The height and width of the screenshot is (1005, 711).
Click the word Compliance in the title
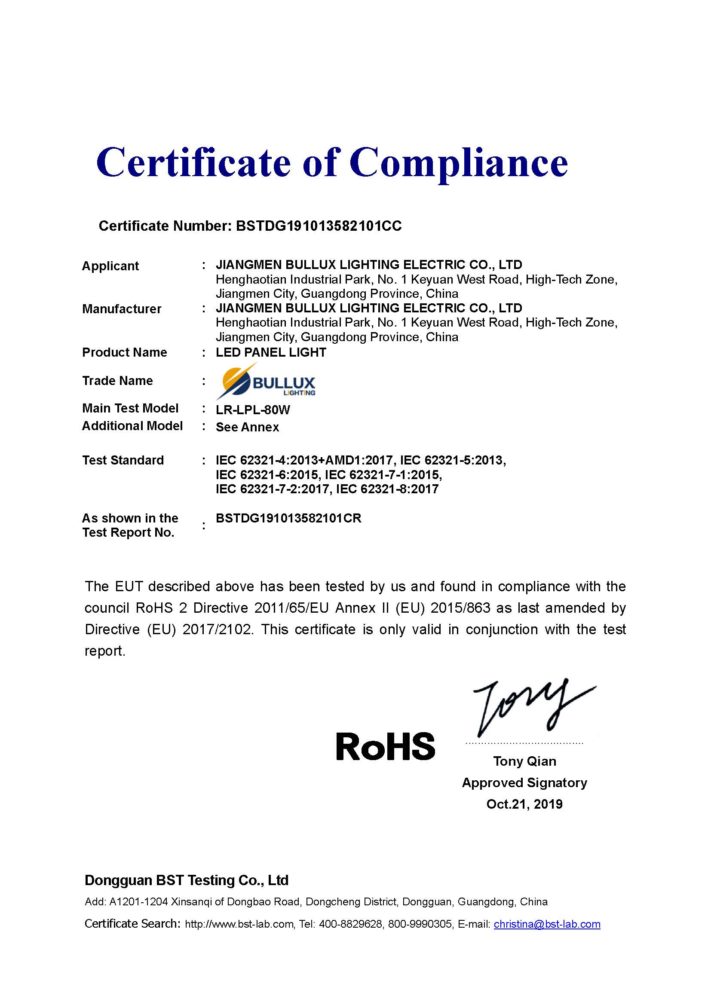458,163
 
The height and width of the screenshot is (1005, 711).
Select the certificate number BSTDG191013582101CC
319,226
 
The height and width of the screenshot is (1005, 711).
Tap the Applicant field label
110,266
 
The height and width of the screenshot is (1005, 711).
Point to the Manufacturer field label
122,309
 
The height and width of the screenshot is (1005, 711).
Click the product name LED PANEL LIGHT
270,352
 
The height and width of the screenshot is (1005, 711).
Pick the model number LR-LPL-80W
253,410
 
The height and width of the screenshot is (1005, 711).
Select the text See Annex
247,427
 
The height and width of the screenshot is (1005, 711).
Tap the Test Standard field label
123,460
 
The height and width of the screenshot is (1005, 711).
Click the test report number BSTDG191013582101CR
288,518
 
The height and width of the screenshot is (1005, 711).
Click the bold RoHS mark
385,746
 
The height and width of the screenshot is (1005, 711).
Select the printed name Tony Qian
524,761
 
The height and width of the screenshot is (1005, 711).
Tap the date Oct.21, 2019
524,804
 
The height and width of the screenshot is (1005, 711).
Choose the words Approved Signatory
524,782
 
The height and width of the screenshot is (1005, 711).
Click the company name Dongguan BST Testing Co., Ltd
187,880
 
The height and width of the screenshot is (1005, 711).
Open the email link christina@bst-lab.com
547,924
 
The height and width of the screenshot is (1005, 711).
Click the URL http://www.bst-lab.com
239,924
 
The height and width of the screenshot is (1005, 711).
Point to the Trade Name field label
117,381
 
